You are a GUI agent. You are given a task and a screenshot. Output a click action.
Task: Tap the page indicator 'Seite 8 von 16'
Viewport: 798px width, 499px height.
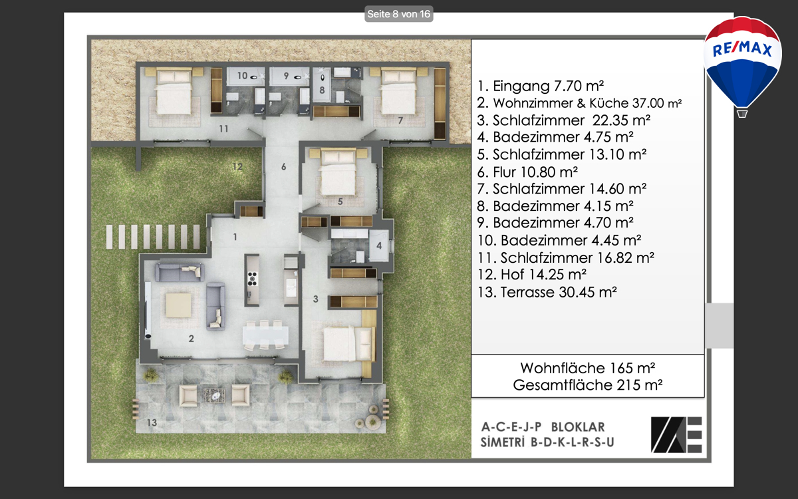tap(398, 14)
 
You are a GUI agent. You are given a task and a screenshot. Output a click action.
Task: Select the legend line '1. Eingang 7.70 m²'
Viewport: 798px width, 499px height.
tap(541, 86)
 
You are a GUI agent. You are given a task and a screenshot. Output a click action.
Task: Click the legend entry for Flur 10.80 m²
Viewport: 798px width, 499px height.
tap(527, 172)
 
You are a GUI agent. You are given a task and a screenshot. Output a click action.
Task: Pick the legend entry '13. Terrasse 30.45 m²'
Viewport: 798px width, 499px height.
tap(547, 292)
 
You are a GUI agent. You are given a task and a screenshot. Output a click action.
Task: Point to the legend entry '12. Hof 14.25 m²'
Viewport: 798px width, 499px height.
tap(531, 274)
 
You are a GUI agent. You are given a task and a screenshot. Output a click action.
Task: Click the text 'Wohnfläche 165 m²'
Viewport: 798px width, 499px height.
tap(587, 368)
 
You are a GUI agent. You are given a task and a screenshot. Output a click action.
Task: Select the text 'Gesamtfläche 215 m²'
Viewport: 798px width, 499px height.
tap(587, 385)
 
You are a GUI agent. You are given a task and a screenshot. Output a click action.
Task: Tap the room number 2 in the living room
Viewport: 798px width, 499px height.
tap(192, 339)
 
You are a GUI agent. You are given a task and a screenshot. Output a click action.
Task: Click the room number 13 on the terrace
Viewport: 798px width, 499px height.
tap(152, 422)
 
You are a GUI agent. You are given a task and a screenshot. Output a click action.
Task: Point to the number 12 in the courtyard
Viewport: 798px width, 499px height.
tap(237, 166)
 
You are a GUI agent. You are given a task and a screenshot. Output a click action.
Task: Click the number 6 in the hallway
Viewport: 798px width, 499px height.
tap(283, 166)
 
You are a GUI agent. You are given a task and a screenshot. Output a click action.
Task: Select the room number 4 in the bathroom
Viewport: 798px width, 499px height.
tap(379, 246)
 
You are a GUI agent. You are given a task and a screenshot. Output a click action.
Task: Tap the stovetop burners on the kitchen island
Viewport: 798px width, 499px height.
tap(252, 279)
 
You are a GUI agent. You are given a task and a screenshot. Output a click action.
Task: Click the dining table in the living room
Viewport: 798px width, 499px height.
tap(265, 335)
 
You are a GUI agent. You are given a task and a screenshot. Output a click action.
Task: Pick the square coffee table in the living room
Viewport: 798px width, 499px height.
tap(178, 305)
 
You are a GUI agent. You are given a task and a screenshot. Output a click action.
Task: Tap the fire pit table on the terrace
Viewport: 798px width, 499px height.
tap(214, 396)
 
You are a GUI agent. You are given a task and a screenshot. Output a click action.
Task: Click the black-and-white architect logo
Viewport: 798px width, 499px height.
tap(676, 435)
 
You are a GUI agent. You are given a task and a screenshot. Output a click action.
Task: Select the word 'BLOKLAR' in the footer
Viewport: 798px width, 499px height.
tap(578, 427)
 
